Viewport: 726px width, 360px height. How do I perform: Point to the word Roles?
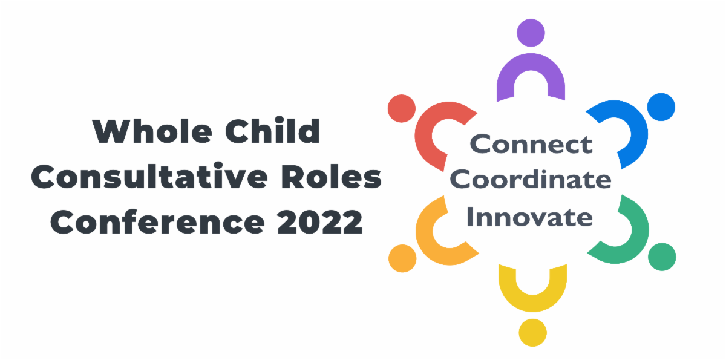pos(330,177)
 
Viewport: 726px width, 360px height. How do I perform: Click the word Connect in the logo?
pos(531,145)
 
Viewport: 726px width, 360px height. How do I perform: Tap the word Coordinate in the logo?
pos(531,180)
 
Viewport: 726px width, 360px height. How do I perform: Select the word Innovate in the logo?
pos(531,216)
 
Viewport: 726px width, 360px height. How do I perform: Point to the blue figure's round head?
pos(661,107)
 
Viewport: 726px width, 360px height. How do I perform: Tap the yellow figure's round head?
pos(532,332)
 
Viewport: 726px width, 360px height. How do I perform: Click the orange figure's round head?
pos(402,258)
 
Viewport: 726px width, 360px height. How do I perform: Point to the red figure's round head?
pos(401,108)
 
